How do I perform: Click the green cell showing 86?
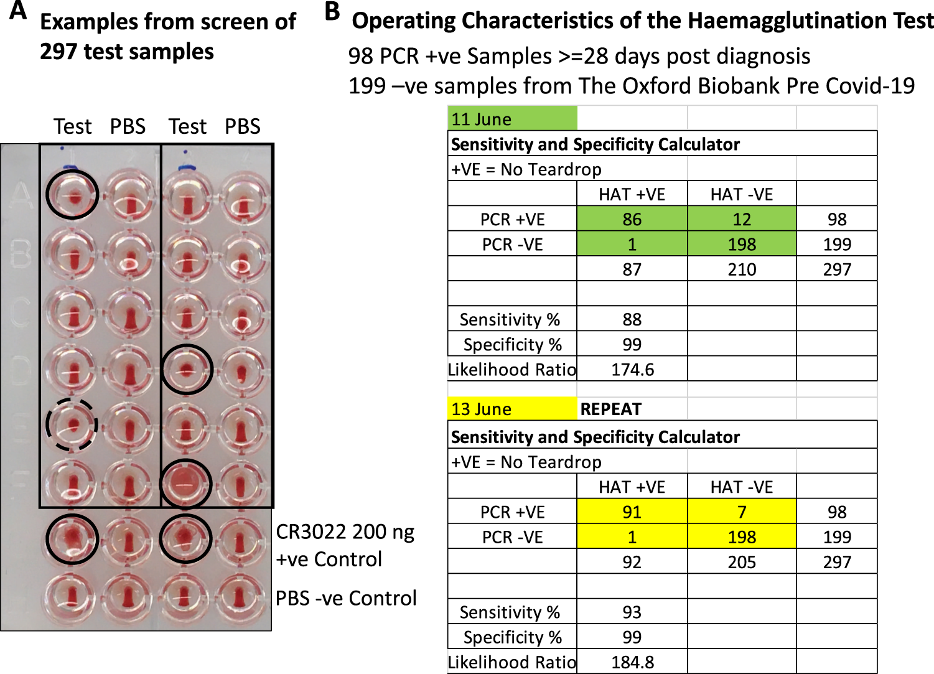click(x=632, y=219)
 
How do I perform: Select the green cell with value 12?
click(x=741, y=219)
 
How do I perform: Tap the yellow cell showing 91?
click(x=632, y=512)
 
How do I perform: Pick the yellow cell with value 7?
click(x=741, y=512)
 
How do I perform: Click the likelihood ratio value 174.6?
click(x=632, y=370)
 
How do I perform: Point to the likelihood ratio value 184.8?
click(x=632, y=662)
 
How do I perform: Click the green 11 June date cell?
click(x=512, y=119)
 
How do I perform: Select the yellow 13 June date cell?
click(x=512, y=409)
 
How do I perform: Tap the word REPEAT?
click(x=610, y=409)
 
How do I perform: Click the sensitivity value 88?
click(x=632, y=319)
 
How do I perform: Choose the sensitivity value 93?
click(x=632, y=612)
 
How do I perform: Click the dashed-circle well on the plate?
click(x=72, y=425)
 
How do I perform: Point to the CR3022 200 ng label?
click(x=345, y=532)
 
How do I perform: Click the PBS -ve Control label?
click(x=346, y=598)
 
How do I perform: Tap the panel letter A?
click(x=18, y=11)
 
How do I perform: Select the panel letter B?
click(x=333, y=11)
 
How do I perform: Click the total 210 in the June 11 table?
click(x=741, y=269)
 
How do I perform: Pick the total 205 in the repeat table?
click(x=741, y=562)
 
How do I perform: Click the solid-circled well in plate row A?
click(x=72, y=194)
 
